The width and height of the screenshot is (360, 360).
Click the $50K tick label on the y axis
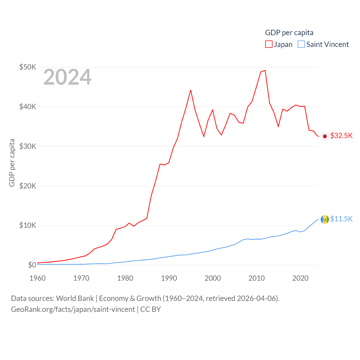(x=28, y=67)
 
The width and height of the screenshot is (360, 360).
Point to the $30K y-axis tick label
(x=28, y=146)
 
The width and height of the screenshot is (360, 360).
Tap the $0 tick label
(x=32, y=265)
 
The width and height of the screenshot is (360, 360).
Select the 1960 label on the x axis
(x=37, y=278)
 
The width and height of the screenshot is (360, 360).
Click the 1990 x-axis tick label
(x=169, y=278)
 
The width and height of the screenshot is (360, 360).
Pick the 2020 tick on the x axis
(x=300, y=278)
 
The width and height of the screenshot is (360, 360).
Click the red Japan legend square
(x=269, y=44)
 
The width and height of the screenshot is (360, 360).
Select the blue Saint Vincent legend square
(x=301, y=44)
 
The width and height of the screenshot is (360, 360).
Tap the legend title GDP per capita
(x=289, y=33)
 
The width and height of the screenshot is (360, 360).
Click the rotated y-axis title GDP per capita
(x=12, y=163)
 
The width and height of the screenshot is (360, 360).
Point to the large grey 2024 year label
(x=67, y=77)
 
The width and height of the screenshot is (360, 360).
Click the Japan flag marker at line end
(x=325, y=136)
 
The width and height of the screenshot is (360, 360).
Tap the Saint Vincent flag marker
(x=325, y=219)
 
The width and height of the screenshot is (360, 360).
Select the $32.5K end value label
(x=341, y=136)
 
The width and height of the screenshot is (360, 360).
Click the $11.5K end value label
(x=341, y=219)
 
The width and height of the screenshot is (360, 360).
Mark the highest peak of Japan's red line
(x=265, y=70)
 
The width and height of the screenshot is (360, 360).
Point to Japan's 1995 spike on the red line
(x=191, y=90)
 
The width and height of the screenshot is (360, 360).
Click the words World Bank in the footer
(x=75, y=298)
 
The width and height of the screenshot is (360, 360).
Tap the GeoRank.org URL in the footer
(x=73, y=309)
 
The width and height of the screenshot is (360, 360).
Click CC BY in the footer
(x=150, y=309)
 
